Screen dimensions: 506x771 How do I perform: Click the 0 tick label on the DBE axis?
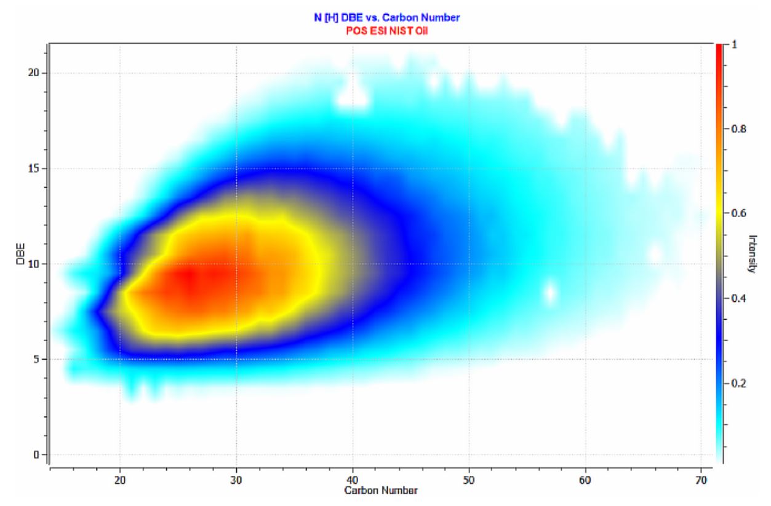[x=36, y=455]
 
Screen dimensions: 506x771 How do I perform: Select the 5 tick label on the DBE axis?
[x=36, y=360]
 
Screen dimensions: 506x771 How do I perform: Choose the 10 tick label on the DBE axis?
[x=34, y=264]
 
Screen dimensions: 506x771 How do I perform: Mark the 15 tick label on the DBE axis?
[x=34, y=169]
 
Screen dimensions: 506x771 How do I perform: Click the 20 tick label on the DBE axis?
[x=34, y=73]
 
